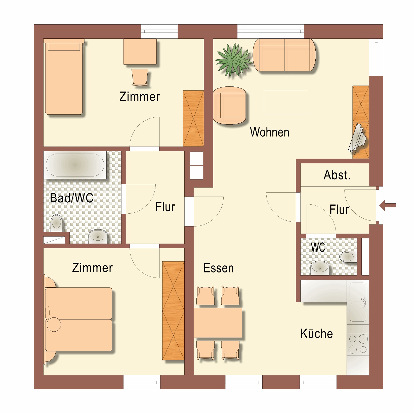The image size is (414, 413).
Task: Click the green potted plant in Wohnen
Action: (234, 60)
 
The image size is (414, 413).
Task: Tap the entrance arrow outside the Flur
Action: (387, 205)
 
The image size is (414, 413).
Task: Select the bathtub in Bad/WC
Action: (75, 165)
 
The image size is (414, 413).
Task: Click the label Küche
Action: (316, 334)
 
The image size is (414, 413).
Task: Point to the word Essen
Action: (219, 268)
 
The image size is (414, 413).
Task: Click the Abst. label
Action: (337, 175)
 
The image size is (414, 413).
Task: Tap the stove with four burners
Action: (358, 344)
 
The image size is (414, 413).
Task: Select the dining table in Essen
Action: (218, 323)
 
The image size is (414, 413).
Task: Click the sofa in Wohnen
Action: (284, 55)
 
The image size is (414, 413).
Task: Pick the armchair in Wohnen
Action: (229, 106)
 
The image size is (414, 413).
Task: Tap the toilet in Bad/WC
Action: (56, 223)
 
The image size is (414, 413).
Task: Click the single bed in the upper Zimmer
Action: (64, 77)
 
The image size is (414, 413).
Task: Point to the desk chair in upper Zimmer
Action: (140, 77)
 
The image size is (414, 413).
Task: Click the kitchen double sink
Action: (358, 302)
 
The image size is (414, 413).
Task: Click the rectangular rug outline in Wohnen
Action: (286, 102)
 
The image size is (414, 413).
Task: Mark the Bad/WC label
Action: (72, 198)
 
